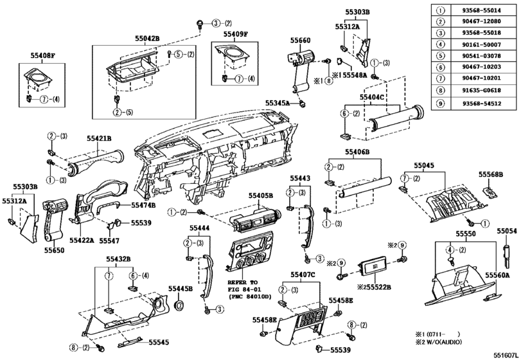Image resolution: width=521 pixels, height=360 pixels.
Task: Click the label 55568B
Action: point(491,174)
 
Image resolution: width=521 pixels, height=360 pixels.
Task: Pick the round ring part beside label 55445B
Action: point(179,304)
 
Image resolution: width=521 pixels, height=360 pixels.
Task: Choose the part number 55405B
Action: point(261,195)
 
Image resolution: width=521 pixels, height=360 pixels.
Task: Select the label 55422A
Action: point(82,240)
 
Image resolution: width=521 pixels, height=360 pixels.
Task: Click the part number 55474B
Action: point(143,205)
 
